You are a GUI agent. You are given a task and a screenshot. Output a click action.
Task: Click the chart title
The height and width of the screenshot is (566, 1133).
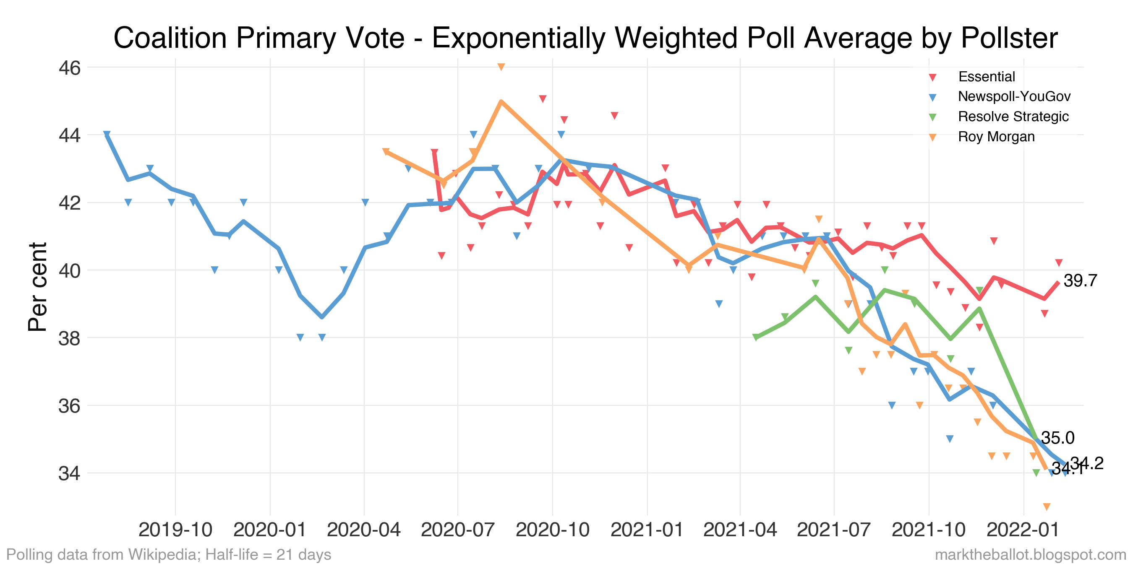click(585, 38)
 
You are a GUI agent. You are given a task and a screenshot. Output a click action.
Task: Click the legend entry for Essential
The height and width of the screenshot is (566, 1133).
click(986, 77)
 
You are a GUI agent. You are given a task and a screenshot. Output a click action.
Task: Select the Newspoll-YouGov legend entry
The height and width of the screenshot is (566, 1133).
click(1014, 97)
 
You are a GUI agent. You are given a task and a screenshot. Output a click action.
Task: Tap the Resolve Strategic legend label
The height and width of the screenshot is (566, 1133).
click(1013, 117)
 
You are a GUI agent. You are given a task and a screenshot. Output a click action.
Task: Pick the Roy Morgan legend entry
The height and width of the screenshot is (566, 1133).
click(996, 137)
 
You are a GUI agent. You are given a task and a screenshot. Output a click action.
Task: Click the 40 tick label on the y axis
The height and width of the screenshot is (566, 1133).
click(70, 271)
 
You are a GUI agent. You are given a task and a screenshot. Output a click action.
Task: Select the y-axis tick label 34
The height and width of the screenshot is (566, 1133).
click(70, 474)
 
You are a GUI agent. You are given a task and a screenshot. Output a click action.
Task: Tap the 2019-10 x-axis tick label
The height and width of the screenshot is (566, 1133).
click(175, 530)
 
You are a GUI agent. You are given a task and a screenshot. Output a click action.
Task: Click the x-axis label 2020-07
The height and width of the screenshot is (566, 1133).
click(457, 530)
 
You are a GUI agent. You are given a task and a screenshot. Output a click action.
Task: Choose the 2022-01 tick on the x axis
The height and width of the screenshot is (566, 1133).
click(1023, 530)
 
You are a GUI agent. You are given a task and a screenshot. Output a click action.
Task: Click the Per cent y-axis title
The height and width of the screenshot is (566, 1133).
click(38, 286)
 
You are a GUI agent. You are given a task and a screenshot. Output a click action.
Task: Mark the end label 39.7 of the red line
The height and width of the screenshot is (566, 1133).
click(1080, 280)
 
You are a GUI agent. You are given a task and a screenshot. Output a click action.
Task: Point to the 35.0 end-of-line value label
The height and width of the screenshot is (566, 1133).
click(1057, 438)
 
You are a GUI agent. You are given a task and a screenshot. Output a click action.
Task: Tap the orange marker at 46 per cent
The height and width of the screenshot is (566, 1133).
click(501, 67)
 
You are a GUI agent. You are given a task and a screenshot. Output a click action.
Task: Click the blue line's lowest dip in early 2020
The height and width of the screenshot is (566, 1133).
click(322, 317)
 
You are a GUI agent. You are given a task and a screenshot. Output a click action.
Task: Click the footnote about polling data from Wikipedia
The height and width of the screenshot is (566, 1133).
click(169, 555)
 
